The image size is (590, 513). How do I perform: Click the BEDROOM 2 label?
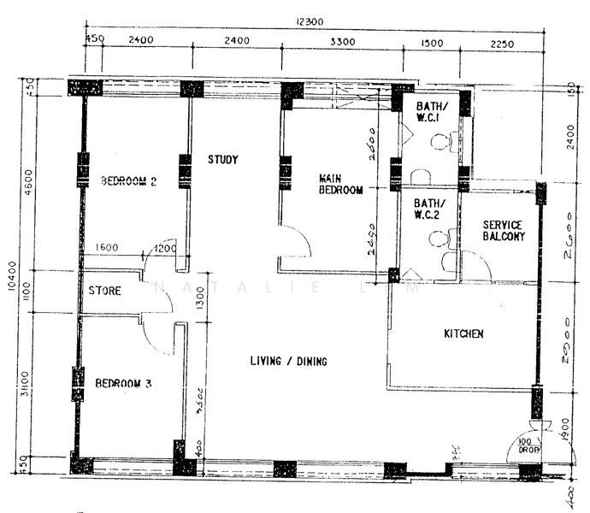[x=129, y=180]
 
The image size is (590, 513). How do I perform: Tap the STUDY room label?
[x=223, y=159]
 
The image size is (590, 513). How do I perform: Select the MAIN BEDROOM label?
[x=341, y=184]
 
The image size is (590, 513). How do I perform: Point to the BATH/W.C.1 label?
[x=428, y=112]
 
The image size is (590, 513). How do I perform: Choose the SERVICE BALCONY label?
[x=503, y=229]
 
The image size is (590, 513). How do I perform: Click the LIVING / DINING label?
[x=288, y=362]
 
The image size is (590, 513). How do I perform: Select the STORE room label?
[x=105, y=291]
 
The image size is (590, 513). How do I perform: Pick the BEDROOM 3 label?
[x=123, y=383]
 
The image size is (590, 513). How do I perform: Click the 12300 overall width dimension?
[x=310, y=21]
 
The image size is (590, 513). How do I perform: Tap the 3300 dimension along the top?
[x=341, y=41]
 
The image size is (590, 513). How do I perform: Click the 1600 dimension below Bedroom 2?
[x=108, y=248]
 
